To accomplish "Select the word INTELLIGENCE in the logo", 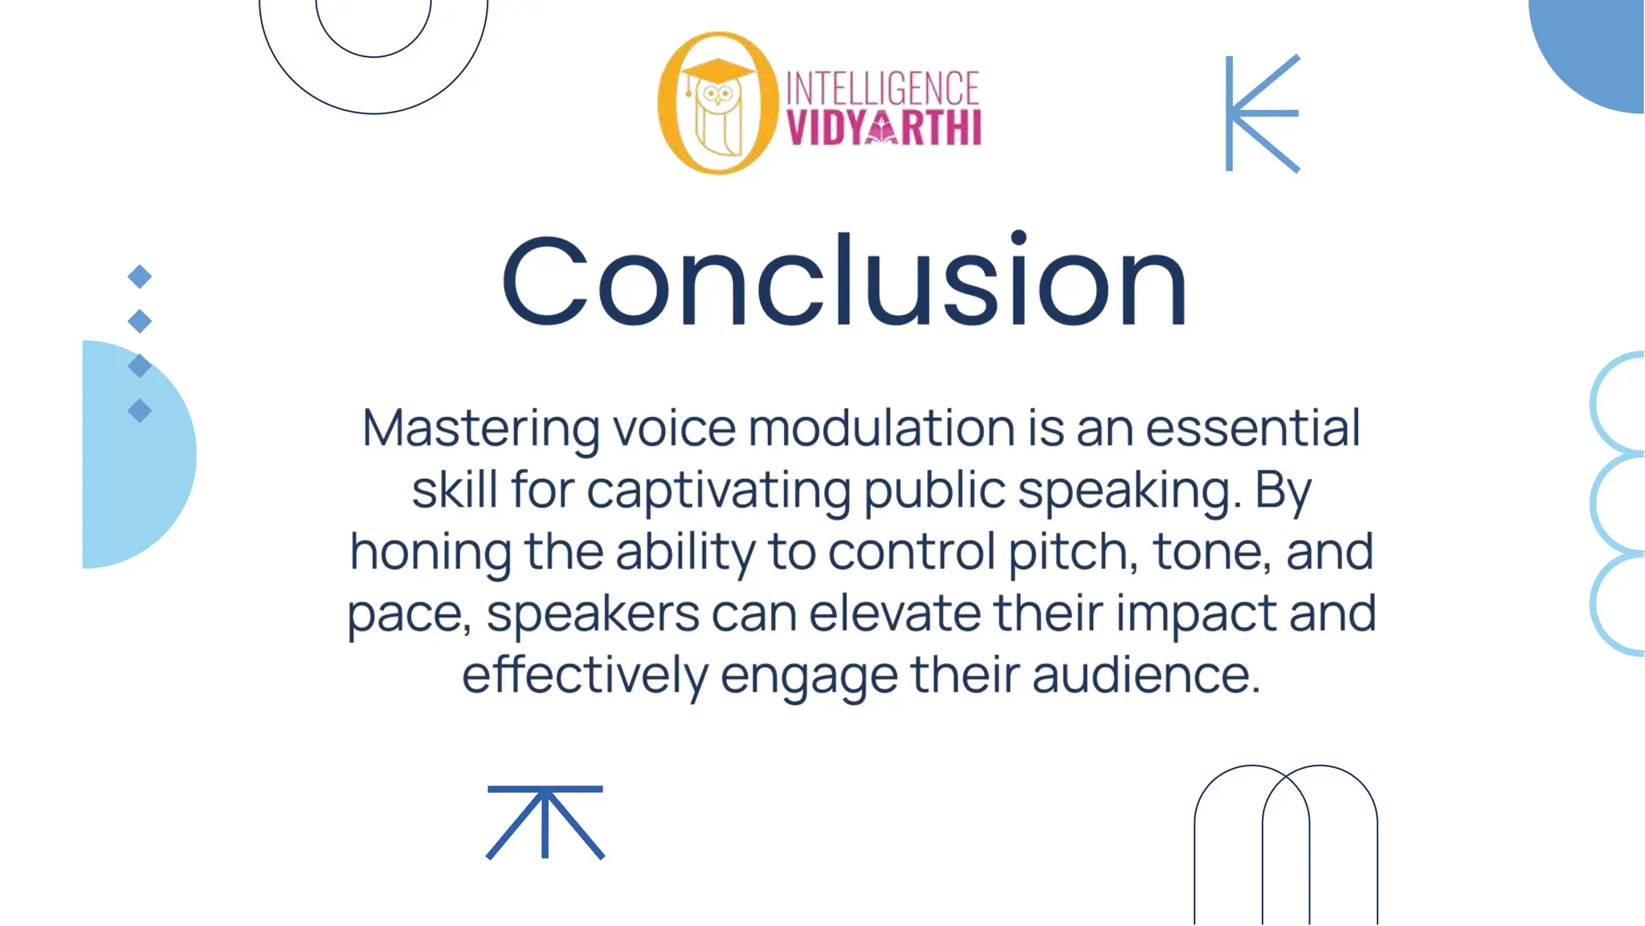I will point(882,88).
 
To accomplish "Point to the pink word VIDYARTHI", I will point(884,128).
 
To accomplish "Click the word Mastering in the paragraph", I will point(480,428).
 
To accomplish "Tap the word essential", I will point(1252,428).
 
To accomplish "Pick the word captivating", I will point(718,490).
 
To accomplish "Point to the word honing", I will point(431,552).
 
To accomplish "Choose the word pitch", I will point(1072,552).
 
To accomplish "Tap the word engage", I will point(809,676).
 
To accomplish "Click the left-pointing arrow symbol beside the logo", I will point(1262,113).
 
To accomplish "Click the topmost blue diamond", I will point(140,276).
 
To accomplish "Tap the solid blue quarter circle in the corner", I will point(1598,48).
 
